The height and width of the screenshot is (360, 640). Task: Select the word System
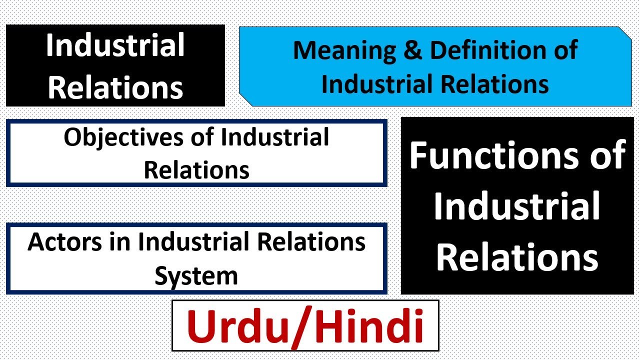pos(196,275)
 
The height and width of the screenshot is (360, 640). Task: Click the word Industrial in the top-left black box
pos(115,46)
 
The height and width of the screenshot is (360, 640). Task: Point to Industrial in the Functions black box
pos(517,207)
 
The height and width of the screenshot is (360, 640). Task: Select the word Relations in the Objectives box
pos(196,170)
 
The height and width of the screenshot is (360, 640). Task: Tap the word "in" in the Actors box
pos(123,242)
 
